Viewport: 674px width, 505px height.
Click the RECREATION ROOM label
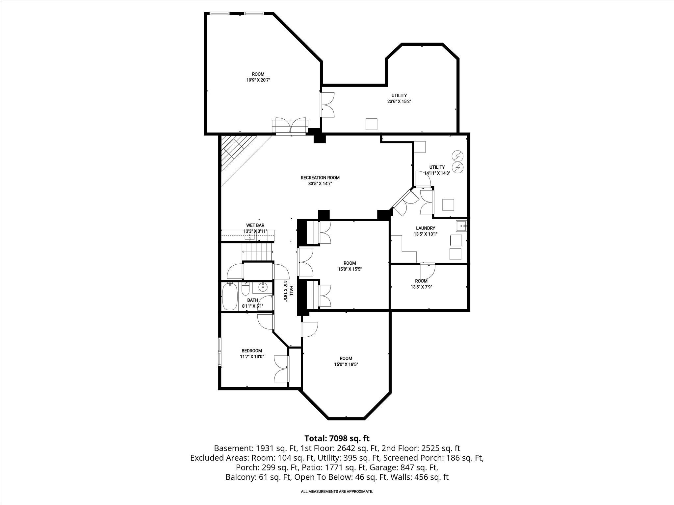(x=320, y=178)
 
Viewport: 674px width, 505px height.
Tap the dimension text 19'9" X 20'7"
(x=258, y=80)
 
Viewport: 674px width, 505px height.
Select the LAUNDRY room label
(x=425, y=228)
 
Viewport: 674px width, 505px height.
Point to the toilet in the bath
(x=246, y=289)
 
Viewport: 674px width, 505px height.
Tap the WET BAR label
(x=255, y=225)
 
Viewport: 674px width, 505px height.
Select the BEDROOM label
(x=252, y=351)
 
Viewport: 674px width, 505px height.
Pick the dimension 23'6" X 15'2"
(x=399, y=102)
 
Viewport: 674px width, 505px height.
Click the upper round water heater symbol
(x=457, y=155)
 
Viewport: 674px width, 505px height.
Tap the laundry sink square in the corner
(x=462, y=226)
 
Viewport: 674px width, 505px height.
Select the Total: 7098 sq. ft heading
(x=337, y=438)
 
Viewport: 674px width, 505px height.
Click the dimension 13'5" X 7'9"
(x=421, y=287)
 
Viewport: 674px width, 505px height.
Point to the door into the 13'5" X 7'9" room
(x=427, y=270)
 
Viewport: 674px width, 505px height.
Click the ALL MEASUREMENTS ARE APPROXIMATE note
(x=337, y=492)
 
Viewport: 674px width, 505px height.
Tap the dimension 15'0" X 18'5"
(x=346, y=364)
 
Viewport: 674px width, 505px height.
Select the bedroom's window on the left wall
(x=220, y=351)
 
